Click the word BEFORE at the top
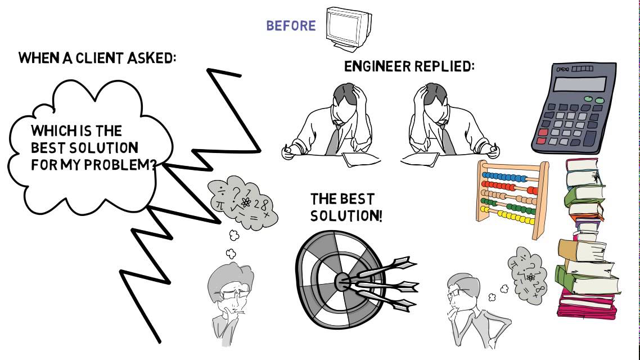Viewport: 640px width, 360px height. click(x=291, y=26)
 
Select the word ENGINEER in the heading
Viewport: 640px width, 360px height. click(x=377, y=66)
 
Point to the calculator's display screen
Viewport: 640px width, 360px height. click(x=580, y=84)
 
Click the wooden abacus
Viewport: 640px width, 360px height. click(x=512, y=198)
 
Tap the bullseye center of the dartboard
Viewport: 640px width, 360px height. click(x=342, y=281)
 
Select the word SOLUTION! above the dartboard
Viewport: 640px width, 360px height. click(x=346, y=216)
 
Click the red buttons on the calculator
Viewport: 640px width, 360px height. click(x=542, y=136)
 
